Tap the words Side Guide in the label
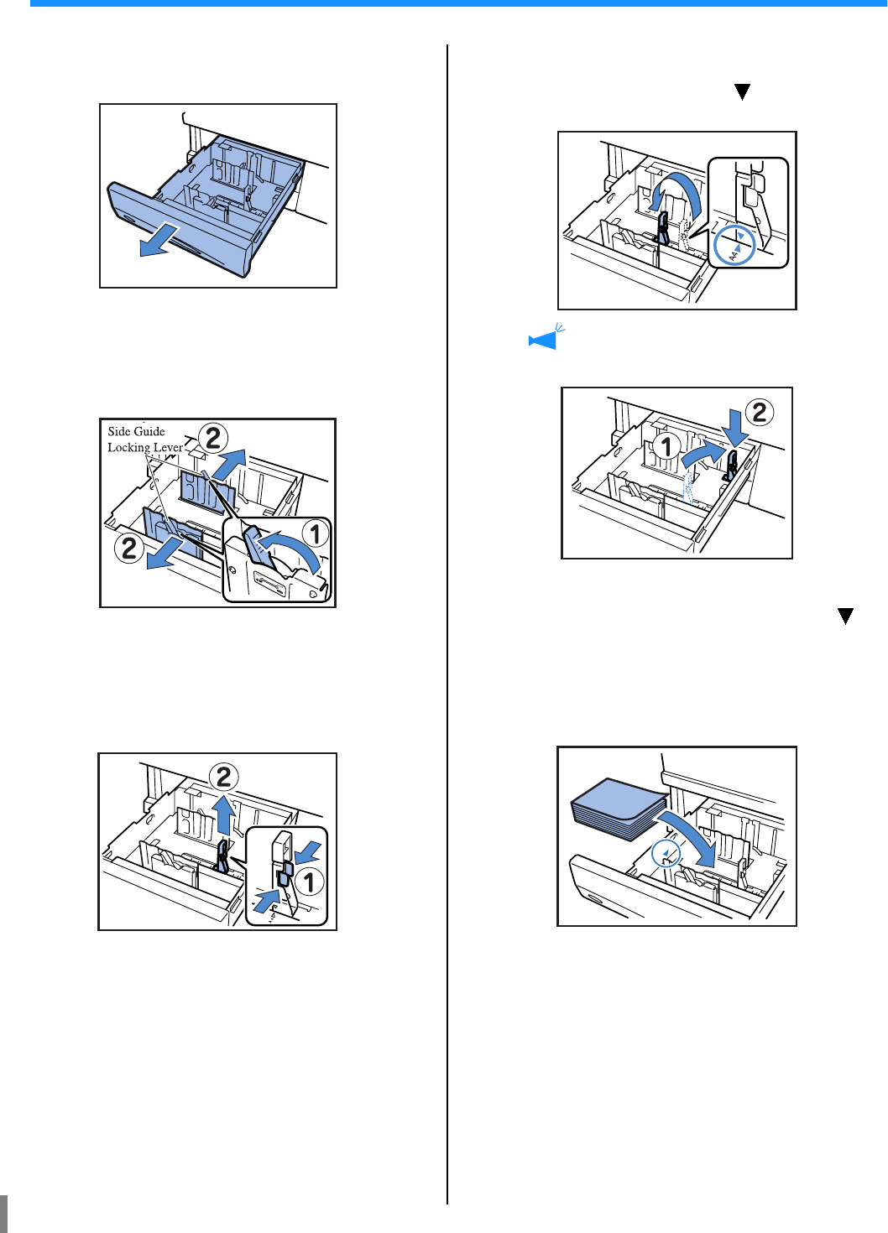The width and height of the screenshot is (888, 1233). point(136,431)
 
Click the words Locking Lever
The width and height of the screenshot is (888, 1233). point(144,447)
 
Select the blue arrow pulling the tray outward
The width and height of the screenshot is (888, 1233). point(159,239)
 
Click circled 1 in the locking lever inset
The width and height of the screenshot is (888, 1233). point(315,533)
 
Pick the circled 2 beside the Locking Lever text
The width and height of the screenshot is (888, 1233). point(213,437)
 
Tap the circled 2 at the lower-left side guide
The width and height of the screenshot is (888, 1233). point(129,549)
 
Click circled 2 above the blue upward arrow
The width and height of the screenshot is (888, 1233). point(224,777)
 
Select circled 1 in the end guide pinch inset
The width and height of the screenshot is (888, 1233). point(309,882)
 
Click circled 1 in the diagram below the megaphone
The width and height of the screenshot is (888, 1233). point(667,446)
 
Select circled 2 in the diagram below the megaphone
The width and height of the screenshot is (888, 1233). point(760,412)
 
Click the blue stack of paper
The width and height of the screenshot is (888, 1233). point(619,808)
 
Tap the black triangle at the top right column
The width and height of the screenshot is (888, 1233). point(742,92)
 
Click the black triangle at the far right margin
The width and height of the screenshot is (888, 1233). point(845,616)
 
